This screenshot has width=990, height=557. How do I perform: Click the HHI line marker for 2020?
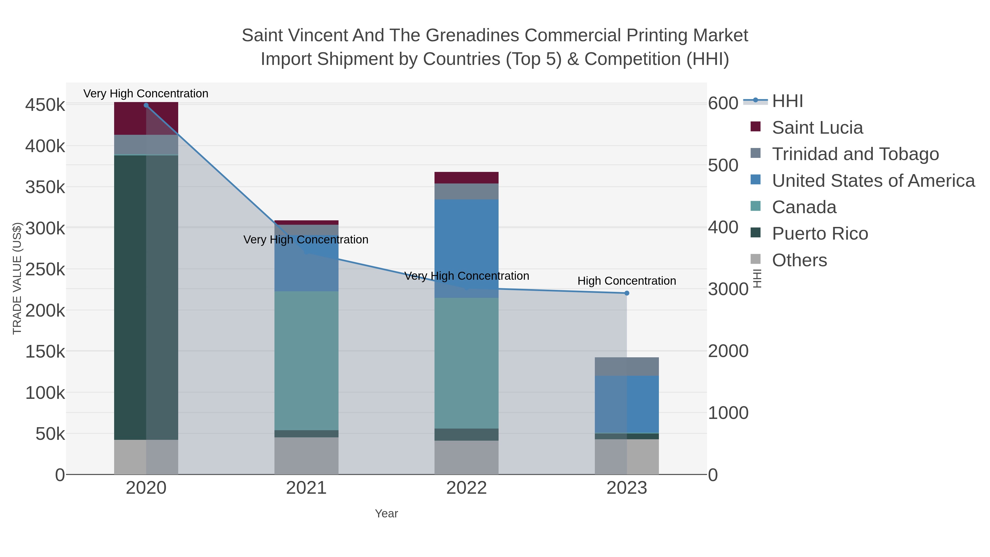[x=146, y=105]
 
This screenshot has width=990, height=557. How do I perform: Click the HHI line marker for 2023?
[x=626, y=293]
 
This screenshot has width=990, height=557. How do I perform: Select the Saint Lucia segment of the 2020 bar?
[x=146, y=118]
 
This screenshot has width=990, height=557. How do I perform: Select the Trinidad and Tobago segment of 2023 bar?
[x=626, y=366]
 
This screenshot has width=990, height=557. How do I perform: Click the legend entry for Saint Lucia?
[x=817, y=128]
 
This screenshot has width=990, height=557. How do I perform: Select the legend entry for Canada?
[x=804, y=207]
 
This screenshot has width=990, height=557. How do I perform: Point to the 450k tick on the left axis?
[x=45, y=105]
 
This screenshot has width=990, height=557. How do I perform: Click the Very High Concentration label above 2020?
[x=146, y=94]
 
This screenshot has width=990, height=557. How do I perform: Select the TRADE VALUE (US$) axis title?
[x=17, y=278]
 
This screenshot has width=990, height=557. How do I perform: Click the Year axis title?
[x=386, y=514]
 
